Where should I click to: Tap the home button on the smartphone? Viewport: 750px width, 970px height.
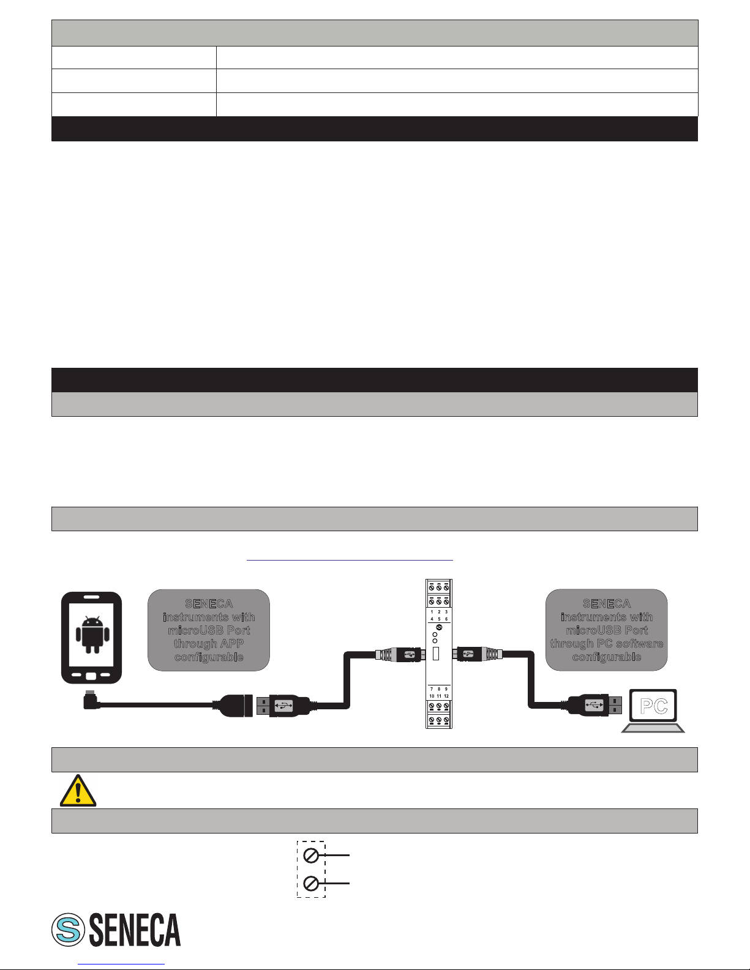tap(91, 676)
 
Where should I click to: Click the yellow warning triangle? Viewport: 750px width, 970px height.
tap(78, 791)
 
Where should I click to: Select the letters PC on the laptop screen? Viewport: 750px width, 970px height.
tap(653, 706)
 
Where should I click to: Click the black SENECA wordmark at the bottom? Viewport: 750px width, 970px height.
tap(135, 930)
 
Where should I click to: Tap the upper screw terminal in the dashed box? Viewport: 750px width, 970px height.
tap(311, 855)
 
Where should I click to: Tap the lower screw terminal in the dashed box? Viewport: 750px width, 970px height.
tap(311, 884)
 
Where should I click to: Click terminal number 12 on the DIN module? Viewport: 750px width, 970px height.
tap(447, 696)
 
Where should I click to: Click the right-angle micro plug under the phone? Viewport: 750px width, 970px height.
tap(91, 700)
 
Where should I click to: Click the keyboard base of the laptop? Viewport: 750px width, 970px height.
tap(653, 728)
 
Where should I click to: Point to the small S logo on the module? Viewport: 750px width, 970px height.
tap(439, 627)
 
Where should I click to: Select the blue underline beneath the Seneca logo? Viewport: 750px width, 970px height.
tap(121, 964)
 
